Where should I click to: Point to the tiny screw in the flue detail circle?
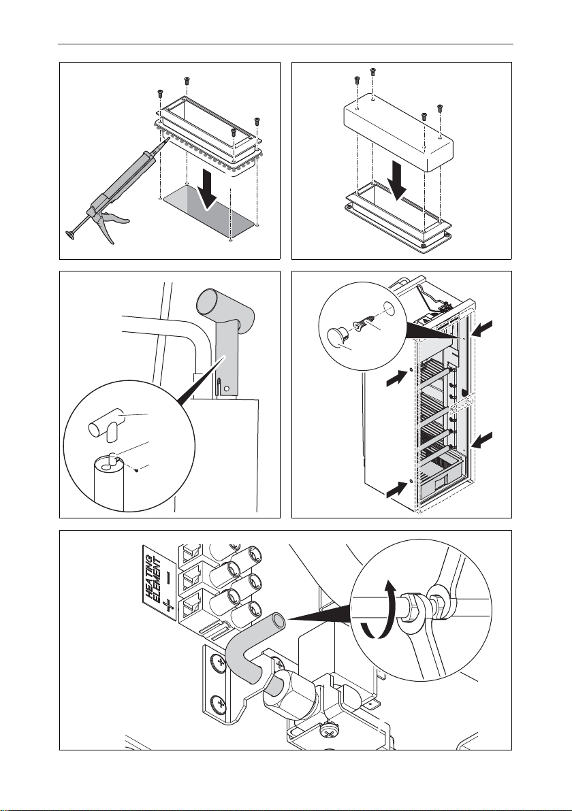coord(135,470)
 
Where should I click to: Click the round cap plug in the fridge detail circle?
coord(340,338)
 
